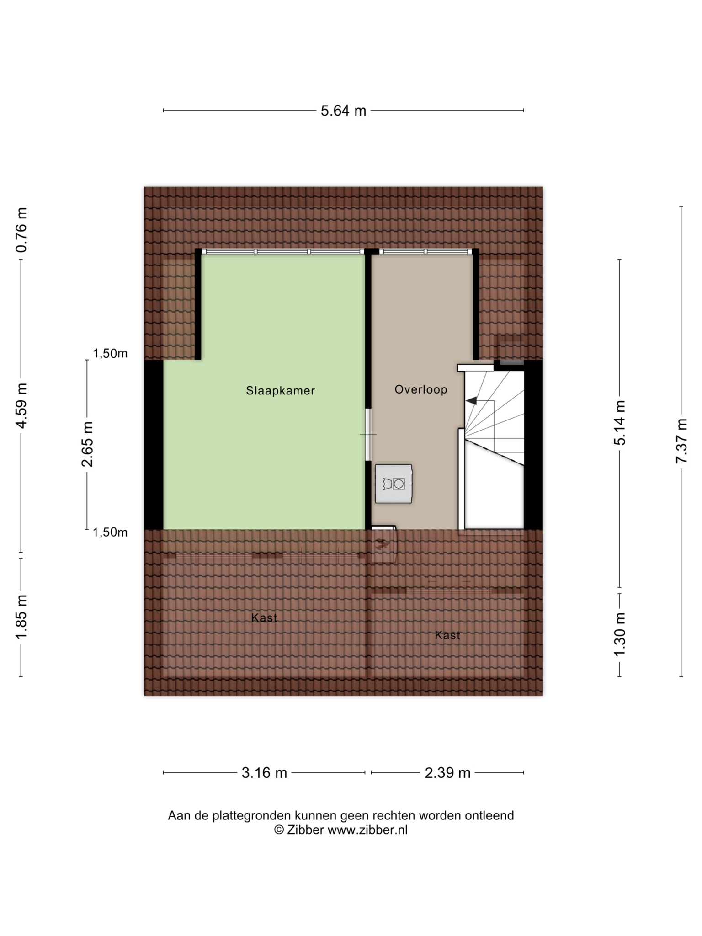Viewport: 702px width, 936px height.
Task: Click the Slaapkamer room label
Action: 280,391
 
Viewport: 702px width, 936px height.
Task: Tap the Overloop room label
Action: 421,389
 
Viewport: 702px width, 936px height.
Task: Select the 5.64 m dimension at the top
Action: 343,111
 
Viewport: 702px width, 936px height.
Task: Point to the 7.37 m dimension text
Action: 681,441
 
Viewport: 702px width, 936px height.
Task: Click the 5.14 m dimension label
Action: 620,423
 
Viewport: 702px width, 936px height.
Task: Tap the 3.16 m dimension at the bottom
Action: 264,773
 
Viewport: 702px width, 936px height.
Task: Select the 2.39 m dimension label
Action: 447,773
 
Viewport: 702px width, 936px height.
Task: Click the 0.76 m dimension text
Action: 21,230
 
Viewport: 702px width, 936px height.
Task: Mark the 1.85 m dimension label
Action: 21,617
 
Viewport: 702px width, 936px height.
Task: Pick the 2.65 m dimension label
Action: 87,444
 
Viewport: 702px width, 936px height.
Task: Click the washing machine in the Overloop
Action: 394,484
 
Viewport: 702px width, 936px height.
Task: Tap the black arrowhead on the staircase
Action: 471,401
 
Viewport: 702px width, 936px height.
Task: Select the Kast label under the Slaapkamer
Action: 264,618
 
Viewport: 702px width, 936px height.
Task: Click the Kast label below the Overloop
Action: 447,635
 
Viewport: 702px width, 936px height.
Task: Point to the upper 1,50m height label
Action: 110,353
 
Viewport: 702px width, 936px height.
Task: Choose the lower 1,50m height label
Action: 110,532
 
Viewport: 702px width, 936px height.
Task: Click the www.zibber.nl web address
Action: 367,830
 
